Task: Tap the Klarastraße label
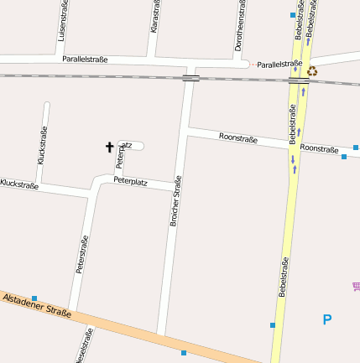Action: (154, 17)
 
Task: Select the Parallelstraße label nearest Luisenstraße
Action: (85, 60)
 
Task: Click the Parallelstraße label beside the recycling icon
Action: (279, 64)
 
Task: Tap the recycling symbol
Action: (312, 71)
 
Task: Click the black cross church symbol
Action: (109, 148)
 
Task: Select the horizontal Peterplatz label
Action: (130, 180)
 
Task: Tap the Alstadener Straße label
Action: (36, 305)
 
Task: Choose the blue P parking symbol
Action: (327, 319)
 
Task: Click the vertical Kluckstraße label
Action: (43, 144)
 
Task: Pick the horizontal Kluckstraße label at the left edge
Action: (19, 183)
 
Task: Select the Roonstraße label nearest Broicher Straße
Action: (237, 138)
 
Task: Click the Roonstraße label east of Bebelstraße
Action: (319, 148)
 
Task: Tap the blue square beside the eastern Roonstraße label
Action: (344, 156)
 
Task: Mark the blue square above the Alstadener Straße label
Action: (34, 298)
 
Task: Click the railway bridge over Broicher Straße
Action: (190, 79)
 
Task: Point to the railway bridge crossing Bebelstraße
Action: (298, 81)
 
